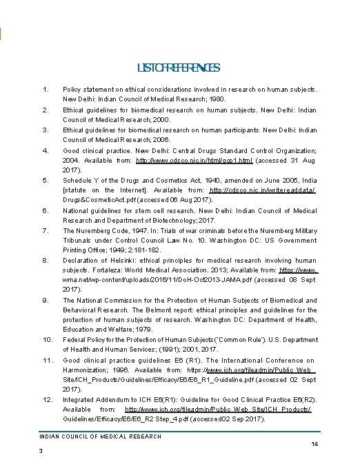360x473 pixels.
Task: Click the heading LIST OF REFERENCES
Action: (179, 68)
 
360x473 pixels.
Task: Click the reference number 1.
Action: (45, 90)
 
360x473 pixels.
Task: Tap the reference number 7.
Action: (45, 230)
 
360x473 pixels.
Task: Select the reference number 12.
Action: (47, 399)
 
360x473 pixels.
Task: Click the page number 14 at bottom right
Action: (314, 443)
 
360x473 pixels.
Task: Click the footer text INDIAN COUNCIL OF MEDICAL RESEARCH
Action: (99, 436)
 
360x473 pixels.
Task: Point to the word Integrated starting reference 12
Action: (81, 399)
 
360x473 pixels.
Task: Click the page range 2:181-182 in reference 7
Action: (146, 250)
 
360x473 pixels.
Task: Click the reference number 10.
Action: (47, 339)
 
